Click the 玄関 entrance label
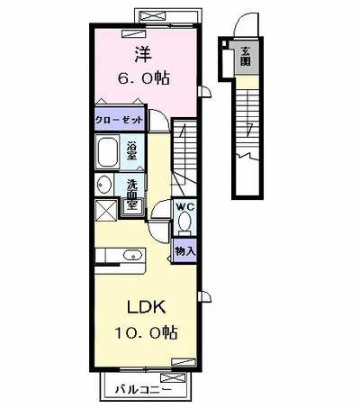coord(246,57)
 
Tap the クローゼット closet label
coord(119,121)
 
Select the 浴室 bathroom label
coord(131,150)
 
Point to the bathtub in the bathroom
coord(107,152)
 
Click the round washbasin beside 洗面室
coord(103,184)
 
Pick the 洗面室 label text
coord(131,195)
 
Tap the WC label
coord(185,206)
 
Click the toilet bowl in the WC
coord(184,221)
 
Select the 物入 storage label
coord(185,251)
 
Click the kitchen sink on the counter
coord(132,256)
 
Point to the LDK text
coord(147,307)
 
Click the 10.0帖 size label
coord(146,332)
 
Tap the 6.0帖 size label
coord(143,77)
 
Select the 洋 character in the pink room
coord(143,54)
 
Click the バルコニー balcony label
coord(144,390)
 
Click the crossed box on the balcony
coord(172,378)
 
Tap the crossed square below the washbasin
coord(105,210)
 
